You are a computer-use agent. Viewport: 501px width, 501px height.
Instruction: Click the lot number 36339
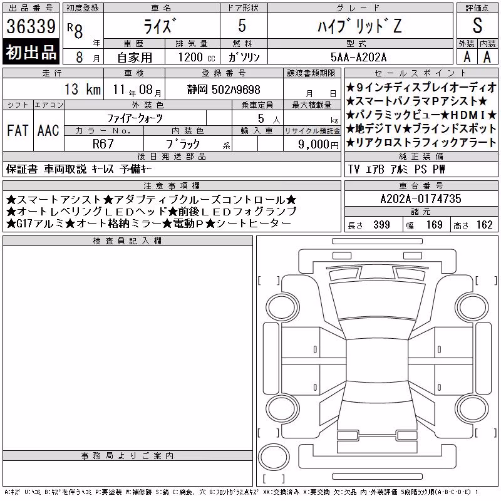point(31,26)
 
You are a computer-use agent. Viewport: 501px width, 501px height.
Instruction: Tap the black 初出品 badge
point(31,52)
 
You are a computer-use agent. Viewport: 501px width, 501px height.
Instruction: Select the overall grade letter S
point(477,26)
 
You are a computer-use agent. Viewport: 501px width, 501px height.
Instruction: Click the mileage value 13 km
point(83,89)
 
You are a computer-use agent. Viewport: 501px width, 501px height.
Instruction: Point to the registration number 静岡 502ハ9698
point(224,90)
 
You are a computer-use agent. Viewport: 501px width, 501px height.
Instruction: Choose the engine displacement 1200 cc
point(197,58)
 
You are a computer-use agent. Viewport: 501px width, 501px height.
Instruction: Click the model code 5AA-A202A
point(358,57)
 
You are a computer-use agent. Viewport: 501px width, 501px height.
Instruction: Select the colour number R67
point(103,144)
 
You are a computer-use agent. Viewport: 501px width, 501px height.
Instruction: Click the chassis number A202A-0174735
point(421,199)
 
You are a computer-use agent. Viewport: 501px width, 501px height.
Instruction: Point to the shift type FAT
point(18,130)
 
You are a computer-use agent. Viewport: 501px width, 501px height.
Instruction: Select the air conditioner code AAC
point(48,130)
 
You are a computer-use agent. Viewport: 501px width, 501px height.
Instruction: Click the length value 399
point(381,225)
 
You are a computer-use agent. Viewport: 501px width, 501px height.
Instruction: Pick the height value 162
point(484,225)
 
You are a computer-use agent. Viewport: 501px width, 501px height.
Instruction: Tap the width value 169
point(434,225)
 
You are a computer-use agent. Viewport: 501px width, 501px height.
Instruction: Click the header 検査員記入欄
point(127,241)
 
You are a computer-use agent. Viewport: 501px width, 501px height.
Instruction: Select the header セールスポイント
point(421,73)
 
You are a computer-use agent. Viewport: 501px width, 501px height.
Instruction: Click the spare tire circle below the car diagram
point(274,457)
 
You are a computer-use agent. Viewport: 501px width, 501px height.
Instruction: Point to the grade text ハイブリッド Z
point(359,26)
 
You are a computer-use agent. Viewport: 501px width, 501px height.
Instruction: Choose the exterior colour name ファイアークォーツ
point(135,118)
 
